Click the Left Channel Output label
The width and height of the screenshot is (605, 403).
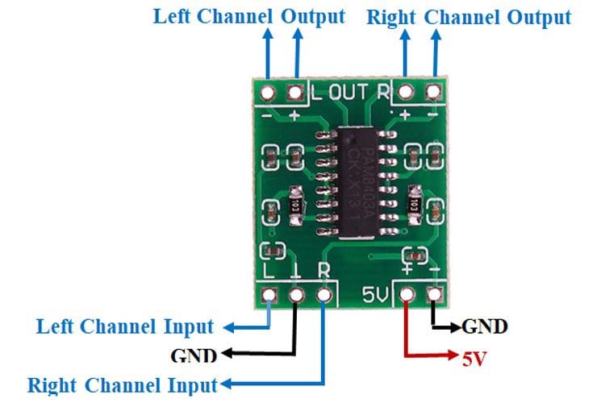pos(248,17)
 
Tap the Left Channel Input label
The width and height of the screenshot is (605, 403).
pos(125,327)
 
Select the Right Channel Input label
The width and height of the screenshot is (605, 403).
pos(122,384)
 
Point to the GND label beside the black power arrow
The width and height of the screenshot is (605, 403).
pos(484,326)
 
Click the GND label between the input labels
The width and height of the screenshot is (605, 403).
pos(194,355)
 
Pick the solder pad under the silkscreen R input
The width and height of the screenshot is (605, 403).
pos(325,296)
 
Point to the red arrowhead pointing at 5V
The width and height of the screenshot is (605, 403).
pos(452,355)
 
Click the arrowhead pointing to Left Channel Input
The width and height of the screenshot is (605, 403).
pos(228,327)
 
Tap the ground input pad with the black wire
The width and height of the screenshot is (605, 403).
pos(296,296)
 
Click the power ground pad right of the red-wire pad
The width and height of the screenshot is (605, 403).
pos(436,296)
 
